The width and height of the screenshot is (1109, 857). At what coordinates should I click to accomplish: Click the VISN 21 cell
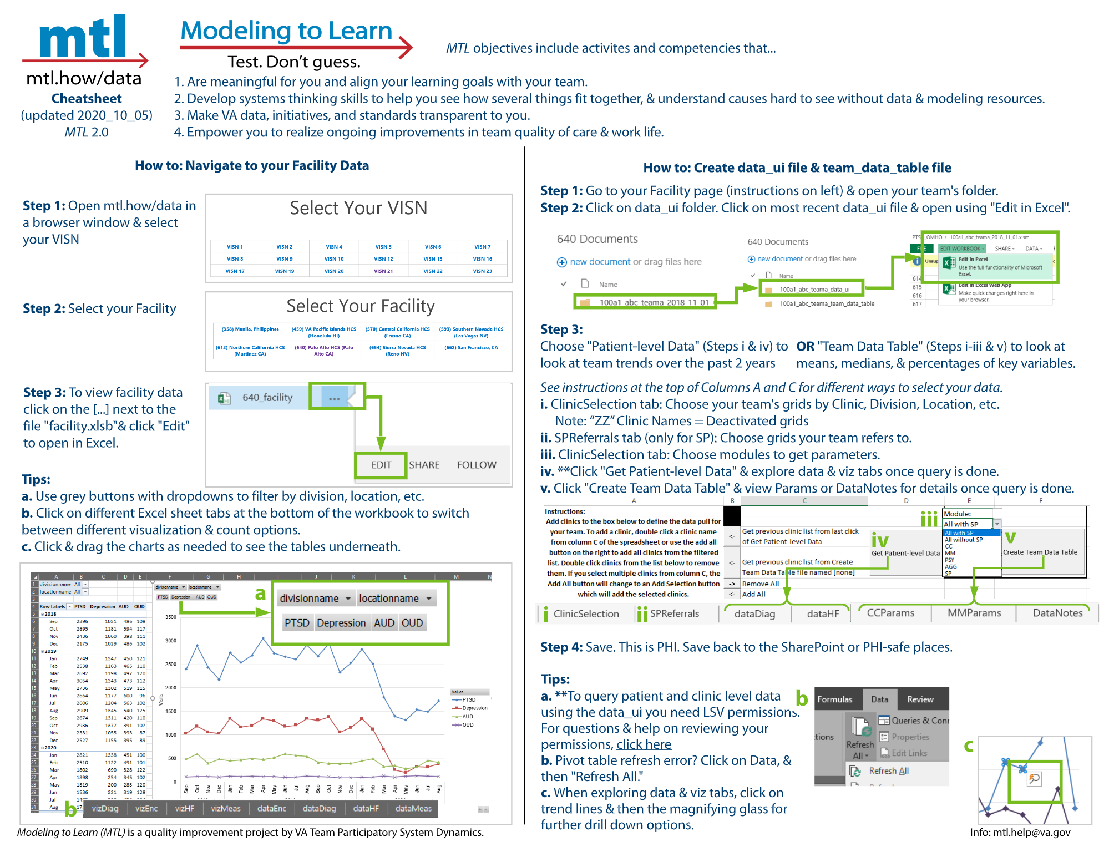(383, 271)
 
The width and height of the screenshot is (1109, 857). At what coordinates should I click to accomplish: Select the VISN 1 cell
(235, 247)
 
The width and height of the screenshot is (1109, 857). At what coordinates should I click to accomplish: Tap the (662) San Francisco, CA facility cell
(471, 348)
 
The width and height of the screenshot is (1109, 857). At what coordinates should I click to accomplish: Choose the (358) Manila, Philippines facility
(250, 329)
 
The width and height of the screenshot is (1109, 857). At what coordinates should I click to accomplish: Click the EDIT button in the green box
(381, 465)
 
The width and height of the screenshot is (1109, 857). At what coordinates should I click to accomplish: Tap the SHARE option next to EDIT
(424, 465)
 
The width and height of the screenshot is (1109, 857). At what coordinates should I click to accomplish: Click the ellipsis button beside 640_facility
(334, 398)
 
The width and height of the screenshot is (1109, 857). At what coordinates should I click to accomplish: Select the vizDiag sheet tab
(105, 808)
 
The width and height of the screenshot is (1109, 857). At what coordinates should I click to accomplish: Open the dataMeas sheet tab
(413, 808)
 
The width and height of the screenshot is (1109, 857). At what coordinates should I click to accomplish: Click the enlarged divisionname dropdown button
(315, 598)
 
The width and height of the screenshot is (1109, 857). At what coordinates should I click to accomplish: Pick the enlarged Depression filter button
(341, 623)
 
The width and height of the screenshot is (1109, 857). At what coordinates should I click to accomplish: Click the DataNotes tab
(1057, 613)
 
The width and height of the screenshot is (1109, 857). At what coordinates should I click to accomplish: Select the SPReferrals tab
(674, 613)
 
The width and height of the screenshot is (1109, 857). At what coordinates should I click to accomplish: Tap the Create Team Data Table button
(1040, 552)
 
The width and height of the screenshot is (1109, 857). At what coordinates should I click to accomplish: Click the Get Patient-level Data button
(905, 553)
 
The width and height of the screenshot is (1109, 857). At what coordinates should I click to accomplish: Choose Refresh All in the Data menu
(888, 771)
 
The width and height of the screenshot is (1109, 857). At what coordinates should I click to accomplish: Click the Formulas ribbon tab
(834, 699)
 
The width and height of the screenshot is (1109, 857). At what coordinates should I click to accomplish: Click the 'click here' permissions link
(644, 744)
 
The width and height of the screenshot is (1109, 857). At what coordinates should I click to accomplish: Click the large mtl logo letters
(83, 38)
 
